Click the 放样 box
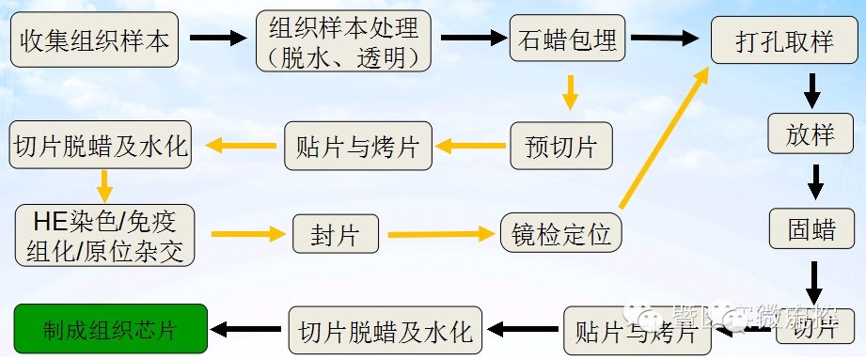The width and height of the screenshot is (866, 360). pos(811,136)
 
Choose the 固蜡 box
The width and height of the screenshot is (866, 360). pos(811,227)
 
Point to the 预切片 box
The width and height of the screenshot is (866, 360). pos(560,146)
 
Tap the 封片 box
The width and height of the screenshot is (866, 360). pos(336,232)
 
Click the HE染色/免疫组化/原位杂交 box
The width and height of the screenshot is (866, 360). pos(106,233)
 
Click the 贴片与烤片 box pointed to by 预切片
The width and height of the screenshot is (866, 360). pos(358,146)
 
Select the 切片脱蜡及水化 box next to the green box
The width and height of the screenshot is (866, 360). pos(386,330)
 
